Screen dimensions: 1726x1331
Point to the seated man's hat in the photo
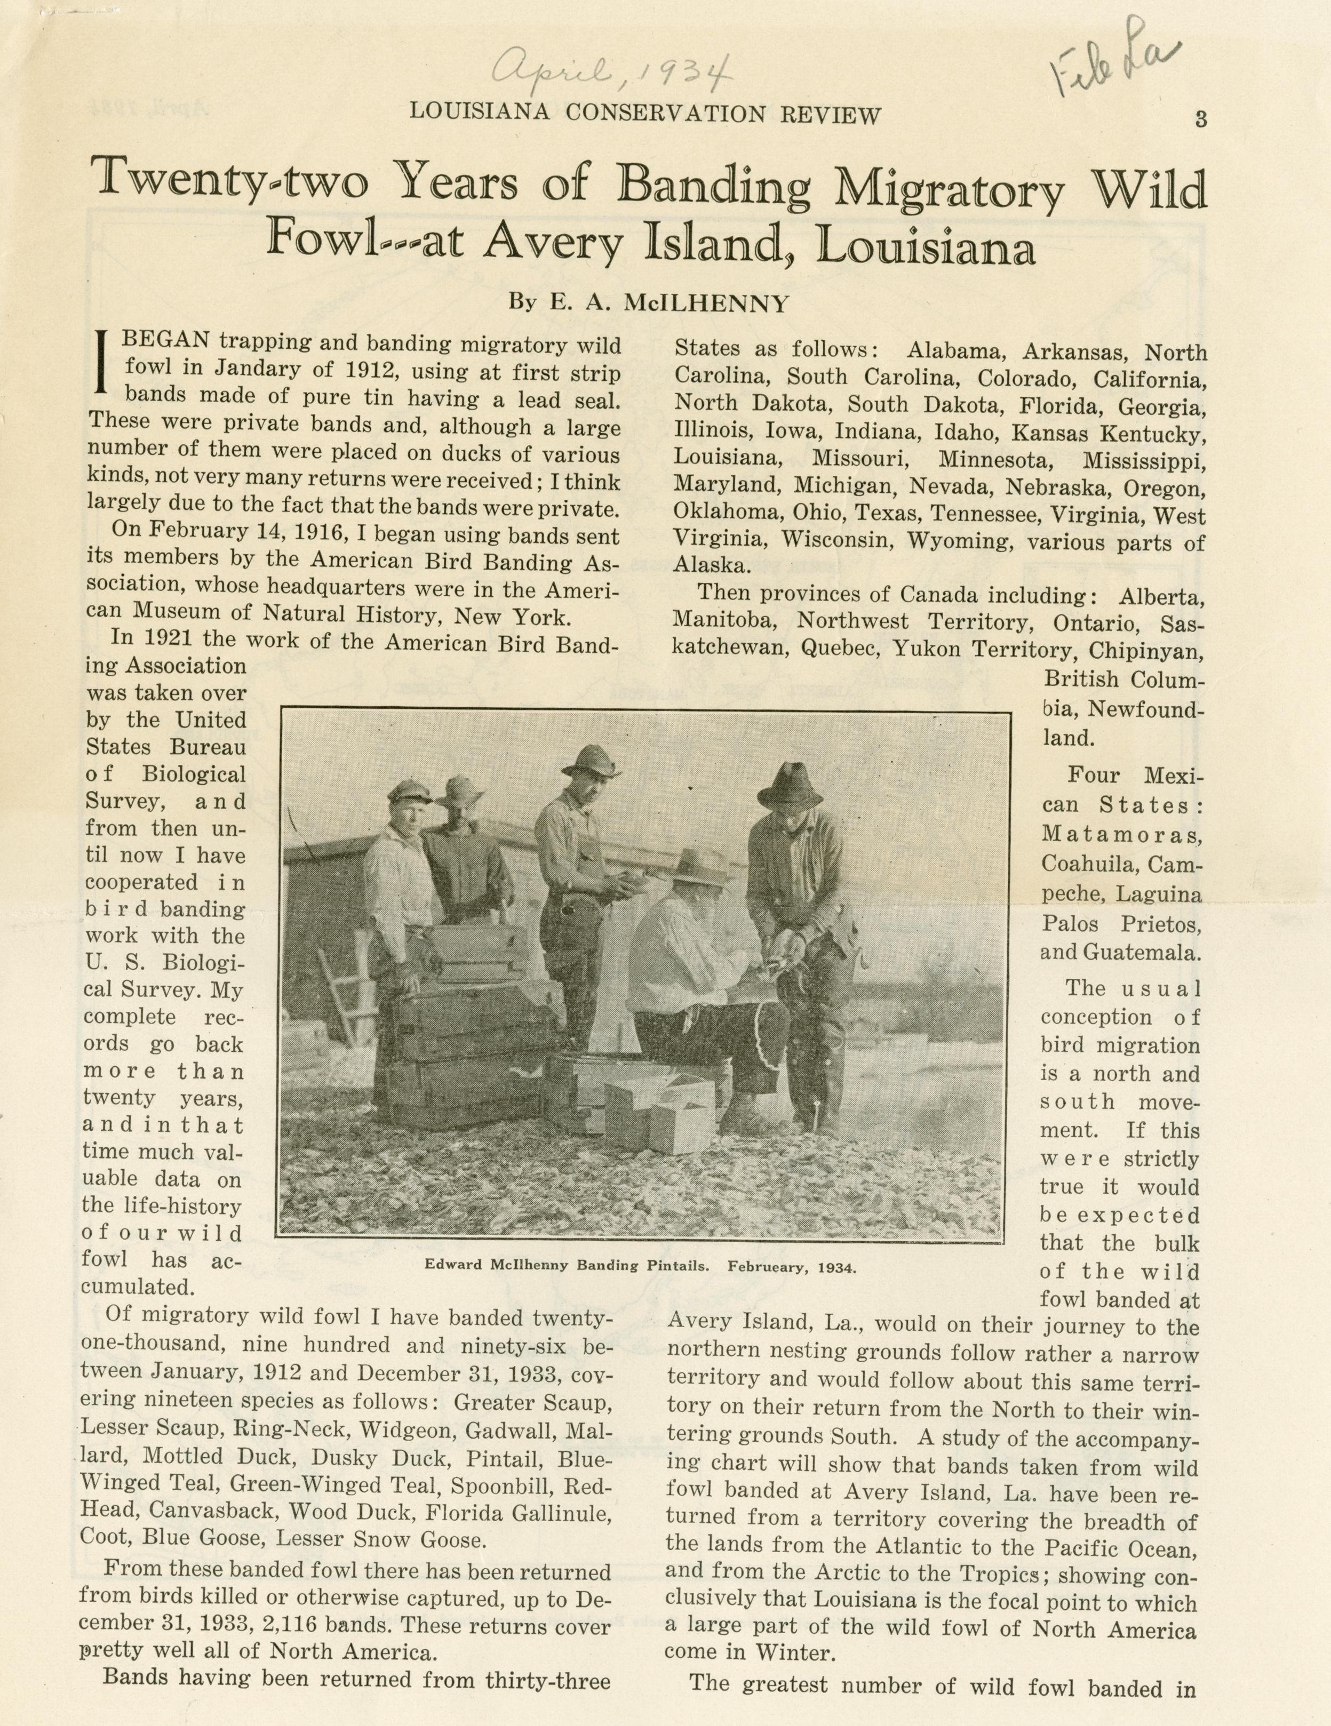click(x=696, y=866)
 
